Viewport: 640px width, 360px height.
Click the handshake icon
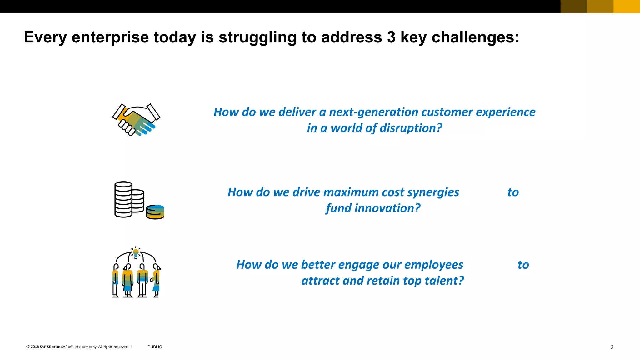click(x=136, y=120)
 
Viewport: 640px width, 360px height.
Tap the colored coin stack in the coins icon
click(x=155, y=212)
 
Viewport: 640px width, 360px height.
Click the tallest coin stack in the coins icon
click(x=123, y=199)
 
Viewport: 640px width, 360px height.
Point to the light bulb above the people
click(x=136, y=252)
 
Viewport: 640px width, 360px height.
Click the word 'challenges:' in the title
click(x=475, y=37)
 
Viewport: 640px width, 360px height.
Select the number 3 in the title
click(x=391, y=37)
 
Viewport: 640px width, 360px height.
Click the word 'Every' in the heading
click(x=45, y=37)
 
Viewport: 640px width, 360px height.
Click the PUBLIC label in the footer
click(x=155, y=347)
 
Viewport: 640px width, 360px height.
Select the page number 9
click(x=612, y=347)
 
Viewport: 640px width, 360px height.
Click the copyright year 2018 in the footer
click(x=35, y=347)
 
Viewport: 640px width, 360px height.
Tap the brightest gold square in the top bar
click(x=627, y=7)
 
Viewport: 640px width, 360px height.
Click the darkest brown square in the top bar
click(x=573, y=7)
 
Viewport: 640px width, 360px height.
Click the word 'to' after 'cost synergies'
click(x=513, y=192)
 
